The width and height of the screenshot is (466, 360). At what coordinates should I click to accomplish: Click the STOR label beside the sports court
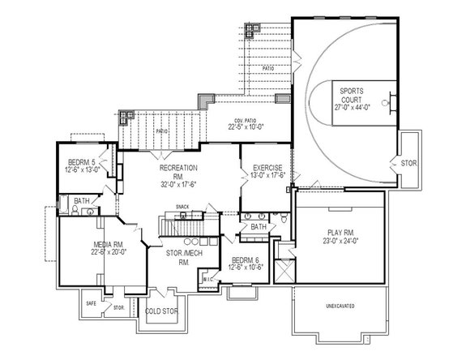(x=408, y=163)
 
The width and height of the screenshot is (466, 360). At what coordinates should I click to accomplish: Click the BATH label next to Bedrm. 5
(x=82, y=200)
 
